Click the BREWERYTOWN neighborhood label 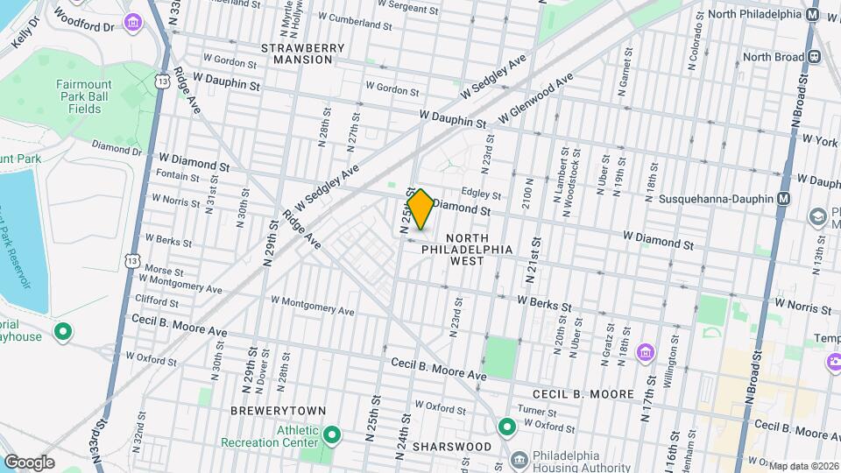coord(278,410)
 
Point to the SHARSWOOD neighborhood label coord(451,447)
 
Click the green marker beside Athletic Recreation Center coord(332,434)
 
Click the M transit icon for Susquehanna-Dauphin coord(783,199)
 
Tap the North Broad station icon coord(814,56)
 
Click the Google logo coord(29,462)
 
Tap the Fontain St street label coord(176,176)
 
